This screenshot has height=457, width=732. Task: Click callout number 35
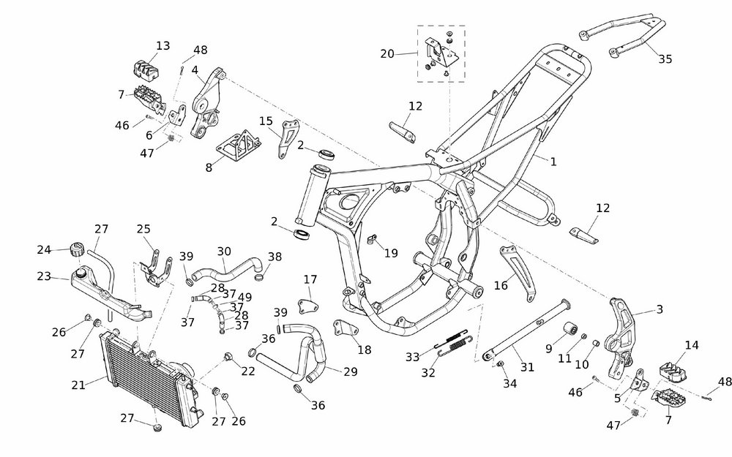point(665,59)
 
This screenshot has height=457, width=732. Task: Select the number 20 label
point(387,53)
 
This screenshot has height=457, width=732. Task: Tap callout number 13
point(163,46)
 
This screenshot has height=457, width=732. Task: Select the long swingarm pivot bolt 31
point(527,329)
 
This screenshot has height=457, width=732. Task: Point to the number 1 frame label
point(553,162)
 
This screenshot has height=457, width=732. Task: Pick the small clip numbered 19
point(372,238)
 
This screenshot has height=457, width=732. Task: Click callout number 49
point(244,297)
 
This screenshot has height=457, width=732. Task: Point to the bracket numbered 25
point(155,265)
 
